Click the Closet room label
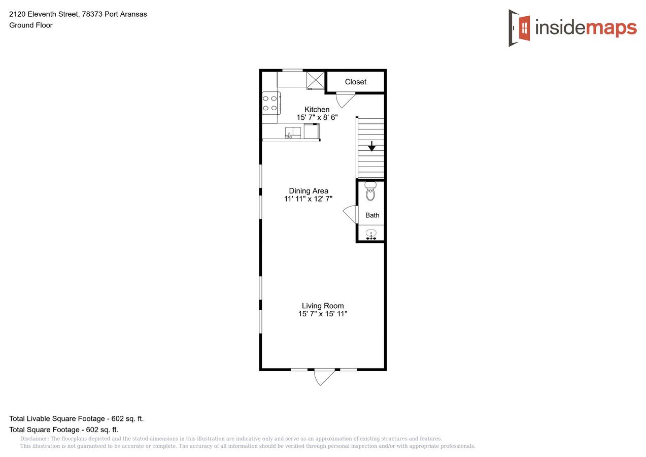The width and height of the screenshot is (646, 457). pos(356,82)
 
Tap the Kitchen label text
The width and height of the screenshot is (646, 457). pos(317,110)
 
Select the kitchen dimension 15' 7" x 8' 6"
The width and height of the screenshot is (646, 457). pos(317,117)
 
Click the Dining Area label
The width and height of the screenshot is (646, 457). pos(309,191)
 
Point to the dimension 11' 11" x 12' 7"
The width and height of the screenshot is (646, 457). pos(309,199)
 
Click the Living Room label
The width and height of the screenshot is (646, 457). pos(323,306)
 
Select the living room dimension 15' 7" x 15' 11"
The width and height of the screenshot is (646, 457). pos(323,314)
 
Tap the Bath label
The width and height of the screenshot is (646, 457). pos(372,215)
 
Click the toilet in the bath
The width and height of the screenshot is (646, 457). pos(370,191)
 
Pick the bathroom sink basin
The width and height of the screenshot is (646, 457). pos(371,233)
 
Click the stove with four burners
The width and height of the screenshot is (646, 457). pos(271,103)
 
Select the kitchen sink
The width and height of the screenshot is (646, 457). pos(293,133)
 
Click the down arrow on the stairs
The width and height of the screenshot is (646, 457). pos(372,146)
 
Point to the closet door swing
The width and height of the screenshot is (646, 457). pos(346,100)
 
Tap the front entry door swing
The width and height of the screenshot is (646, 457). pos(324,377)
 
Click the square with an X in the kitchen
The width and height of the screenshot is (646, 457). pos(316,80)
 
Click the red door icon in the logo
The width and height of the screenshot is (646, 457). pos(524,28)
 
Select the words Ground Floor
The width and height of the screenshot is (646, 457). pos(31,25)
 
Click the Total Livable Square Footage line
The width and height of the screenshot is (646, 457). pos(77,418)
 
